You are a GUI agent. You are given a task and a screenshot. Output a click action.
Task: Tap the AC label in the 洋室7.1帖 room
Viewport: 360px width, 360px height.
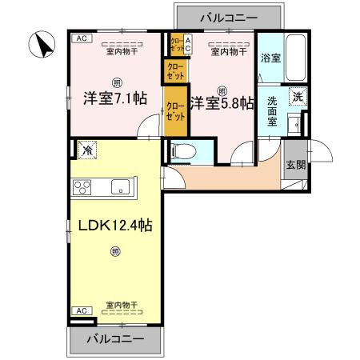click(x=80, y=38)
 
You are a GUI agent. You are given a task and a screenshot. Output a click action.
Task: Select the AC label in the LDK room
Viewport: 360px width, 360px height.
click(x=80, y=310)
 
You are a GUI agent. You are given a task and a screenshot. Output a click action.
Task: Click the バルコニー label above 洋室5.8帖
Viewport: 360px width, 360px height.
click(x=228, y=17)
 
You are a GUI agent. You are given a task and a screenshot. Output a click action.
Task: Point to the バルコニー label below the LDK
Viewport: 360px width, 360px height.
click(x=117, y=338)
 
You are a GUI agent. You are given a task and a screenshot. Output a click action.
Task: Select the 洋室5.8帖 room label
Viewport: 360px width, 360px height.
click(x=222, y=102)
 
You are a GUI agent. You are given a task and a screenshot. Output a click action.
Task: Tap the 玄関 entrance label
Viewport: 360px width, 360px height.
click(x=295, y=166)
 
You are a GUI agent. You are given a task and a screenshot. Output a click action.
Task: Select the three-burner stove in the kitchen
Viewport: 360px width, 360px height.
click(x=84, y=188)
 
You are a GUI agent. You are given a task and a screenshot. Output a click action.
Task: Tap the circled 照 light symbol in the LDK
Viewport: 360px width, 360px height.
click(x=117, y=254)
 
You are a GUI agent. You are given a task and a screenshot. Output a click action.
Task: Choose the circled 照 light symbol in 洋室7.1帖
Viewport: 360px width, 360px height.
click(x=117, y=82)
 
